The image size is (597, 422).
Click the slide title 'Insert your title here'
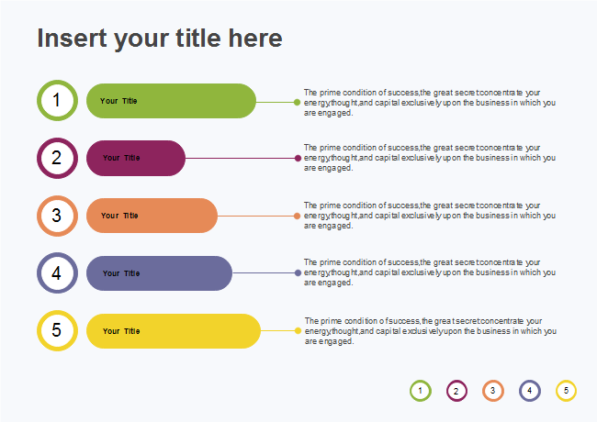tap(159, 39)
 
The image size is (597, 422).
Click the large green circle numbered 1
tap(57, 101)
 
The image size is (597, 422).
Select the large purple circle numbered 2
tap(57, 158)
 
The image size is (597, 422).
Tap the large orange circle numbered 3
tap(57, 216)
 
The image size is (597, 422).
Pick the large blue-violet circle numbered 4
tap(57, 273)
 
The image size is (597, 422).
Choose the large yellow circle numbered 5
tap(57, 330)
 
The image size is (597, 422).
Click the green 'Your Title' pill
tap(171, 101)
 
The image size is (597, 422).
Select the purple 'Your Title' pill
tap(136, 158)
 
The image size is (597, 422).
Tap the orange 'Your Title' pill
tap(152, 216)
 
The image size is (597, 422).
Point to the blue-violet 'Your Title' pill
tap(159, 273)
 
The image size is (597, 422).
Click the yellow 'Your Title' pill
tap(174, 330)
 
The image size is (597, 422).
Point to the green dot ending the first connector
tap(297, 102)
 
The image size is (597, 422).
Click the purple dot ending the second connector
tap(298, 158)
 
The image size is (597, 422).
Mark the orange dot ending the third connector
tap(297, 217)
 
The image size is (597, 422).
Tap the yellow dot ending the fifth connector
tap(298, 330)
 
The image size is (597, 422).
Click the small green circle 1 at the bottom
tap(420, 391)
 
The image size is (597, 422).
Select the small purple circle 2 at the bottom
tap(456, 391)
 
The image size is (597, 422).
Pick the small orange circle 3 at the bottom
tap(492, 391)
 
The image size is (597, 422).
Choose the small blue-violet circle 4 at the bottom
tap(529, 391)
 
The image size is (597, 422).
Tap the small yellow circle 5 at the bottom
tap(566, 391)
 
